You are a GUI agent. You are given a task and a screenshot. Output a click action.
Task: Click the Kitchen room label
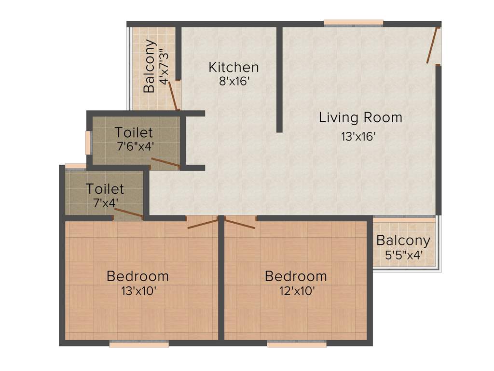pyautogui.click(x=233, y=67)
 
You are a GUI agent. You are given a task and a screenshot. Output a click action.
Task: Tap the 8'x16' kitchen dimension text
pyautogui.click(x=233, y=81)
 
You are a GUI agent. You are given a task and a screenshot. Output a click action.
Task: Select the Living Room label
pyautogui.click(x=360, y=117)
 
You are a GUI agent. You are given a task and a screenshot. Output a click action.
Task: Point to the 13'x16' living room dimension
pyautogui.click(x=358, y=137)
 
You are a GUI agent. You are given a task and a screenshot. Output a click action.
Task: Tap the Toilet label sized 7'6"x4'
pyautogui.click(x=134, y=132)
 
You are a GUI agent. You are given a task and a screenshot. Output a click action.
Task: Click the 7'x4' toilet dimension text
pyautogui.click(x=104, y=202)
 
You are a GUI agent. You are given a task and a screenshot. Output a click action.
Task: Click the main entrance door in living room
pyautogui.click(x=432, y=46)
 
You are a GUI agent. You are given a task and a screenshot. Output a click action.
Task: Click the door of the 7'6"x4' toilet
pyautogui.click(x=165, y=162)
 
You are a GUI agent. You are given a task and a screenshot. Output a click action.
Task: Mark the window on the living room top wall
pyautogui.click(x=353, y=22)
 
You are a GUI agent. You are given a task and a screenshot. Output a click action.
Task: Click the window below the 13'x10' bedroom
pyautogui.click(x=139, y=344)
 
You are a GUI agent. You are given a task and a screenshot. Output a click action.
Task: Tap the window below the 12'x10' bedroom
pyautogui.click(x=297, y=344)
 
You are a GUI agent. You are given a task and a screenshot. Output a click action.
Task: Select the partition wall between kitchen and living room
pyautogui.click(x=279, y=80)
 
